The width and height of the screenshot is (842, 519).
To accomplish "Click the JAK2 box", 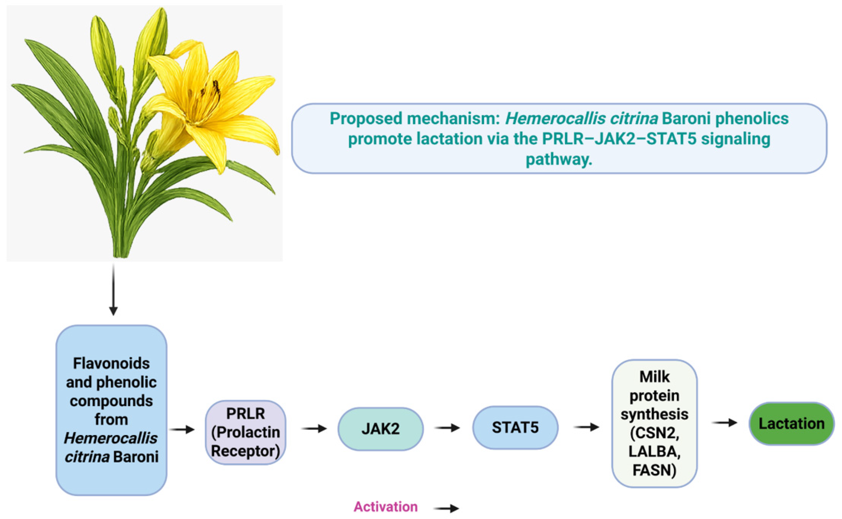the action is [x=381, y=429].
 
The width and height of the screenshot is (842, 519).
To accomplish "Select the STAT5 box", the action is [x=515, y=427].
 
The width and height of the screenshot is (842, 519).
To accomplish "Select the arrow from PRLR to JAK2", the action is [x=314, y=428].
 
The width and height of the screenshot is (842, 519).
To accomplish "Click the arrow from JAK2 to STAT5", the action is [x=447, y=428].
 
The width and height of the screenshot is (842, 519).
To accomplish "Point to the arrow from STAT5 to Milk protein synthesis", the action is [x=586, y=427].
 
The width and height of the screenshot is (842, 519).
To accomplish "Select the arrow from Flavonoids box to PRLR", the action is [x=182, y=429].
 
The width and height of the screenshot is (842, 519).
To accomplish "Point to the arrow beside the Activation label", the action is [x=446, y=508].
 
